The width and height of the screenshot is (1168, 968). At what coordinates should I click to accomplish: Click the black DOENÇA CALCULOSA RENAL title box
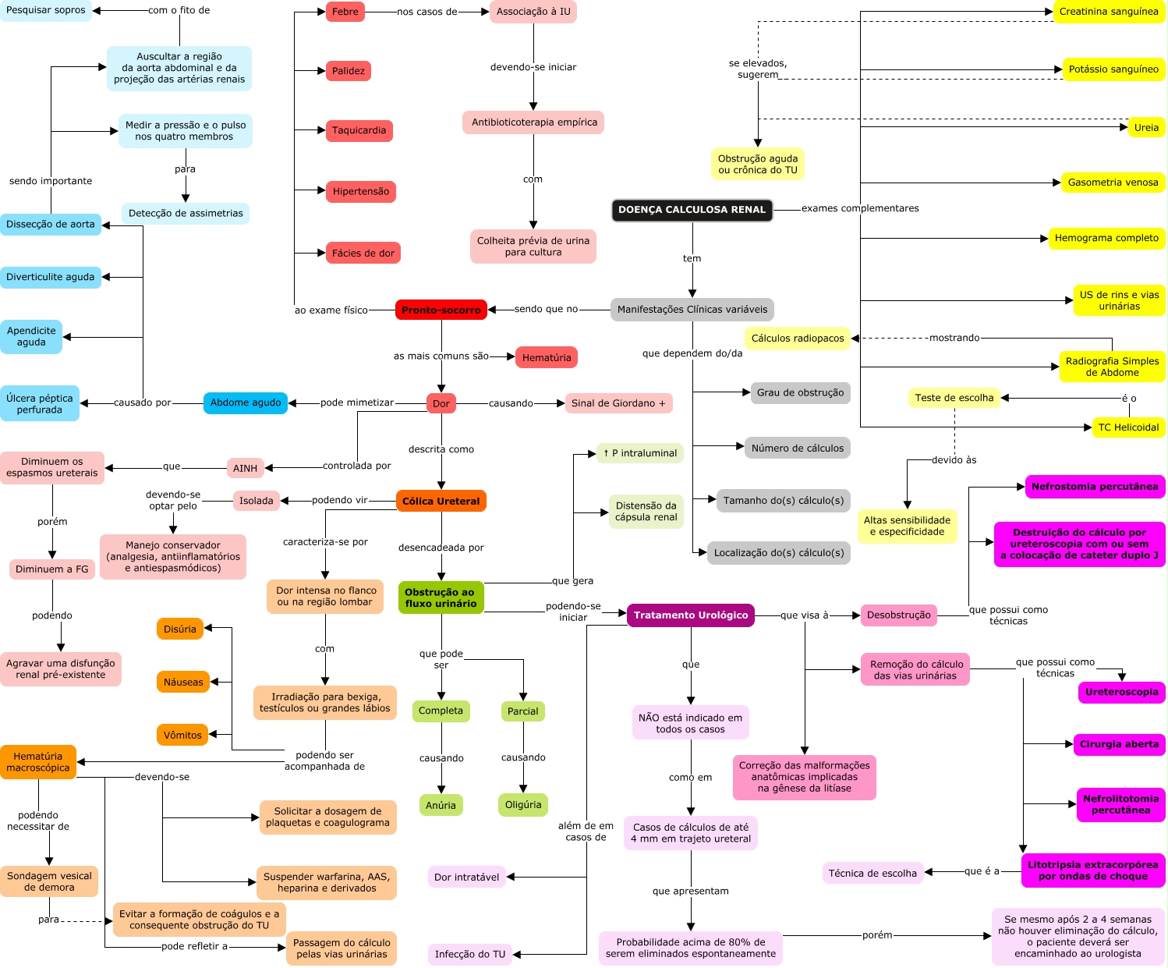(692, 210)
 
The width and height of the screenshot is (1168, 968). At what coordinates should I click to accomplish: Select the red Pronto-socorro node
(441, 310)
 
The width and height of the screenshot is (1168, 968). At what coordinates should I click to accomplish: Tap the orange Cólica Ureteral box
(441, 501)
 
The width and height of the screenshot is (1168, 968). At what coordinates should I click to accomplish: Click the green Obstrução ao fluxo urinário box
(441, 597)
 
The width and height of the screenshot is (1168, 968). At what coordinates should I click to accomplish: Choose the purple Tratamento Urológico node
(690, 615)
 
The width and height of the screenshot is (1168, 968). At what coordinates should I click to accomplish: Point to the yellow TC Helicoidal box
(1128, 427)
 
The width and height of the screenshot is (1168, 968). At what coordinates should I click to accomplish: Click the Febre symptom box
(345, 12)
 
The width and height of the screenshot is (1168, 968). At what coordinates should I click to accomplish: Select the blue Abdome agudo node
(246, 402)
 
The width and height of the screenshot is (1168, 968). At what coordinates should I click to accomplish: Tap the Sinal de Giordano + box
(618, 403)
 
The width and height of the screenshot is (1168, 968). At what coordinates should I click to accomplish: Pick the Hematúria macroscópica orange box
(37, 762)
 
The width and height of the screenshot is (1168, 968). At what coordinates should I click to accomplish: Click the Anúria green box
(441, 805)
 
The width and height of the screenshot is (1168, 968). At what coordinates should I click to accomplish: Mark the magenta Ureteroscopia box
(1121, 692)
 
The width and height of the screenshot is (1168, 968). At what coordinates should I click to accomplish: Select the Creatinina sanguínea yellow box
(1109, 12)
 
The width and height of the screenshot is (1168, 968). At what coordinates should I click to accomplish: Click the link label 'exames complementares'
(860, 208)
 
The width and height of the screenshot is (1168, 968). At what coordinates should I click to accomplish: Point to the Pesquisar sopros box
(46, 10)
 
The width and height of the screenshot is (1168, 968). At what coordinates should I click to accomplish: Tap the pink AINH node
(245, 468)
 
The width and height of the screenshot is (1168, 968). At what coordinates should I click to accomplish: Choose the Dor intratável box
(466, 877)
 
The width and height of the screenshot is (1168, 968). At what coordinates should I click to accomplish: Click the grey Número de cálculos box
(797, 448)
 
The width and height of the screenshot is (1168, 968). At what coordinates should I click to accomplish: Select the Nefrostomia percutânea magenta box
(1095, 487)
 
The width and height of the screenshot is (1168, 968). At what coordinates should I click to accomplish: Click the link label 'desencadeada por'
(441, 548)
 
